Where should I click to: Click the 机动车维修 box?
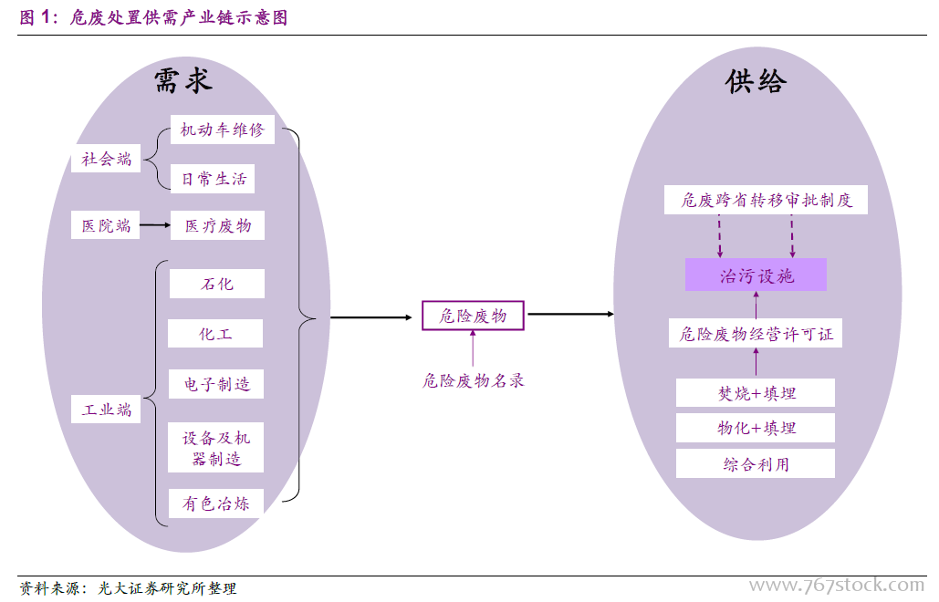(x=222, y=130)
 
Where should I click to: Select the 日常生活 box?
(x=213, y=179)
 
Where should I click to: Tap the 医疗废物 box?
(x=217, y=225)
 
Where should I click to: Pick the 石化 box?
(x=217, y=284)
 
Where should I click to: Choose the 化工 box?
(x=216, y=334)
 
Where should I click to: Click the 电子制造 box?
(x=216, y=384)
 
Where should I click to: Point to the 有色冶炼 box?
(x=216, y=503)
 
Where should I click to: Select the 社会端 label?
(x=107, y=160)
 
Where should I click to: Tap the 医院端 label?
(x=107, y=225)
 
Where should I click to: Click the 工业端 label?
(x=107, y=410)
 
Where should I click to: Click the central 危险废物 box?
(x=473, y=316)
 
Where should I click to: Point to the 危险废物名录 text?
(x=473, y=380)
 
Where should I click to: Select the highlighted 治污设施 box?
(x=756, y=275)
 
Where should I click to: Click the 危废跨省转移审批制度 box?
(x=766, y=200)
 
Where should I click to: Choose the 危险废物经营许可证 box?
(x=756, y=334)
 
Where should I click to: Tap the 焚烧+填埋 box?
(x=756, y=393)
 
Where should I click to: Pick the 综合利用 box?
(x=756, y=464)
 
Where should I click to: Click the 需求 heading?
(x=183, y=81)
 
